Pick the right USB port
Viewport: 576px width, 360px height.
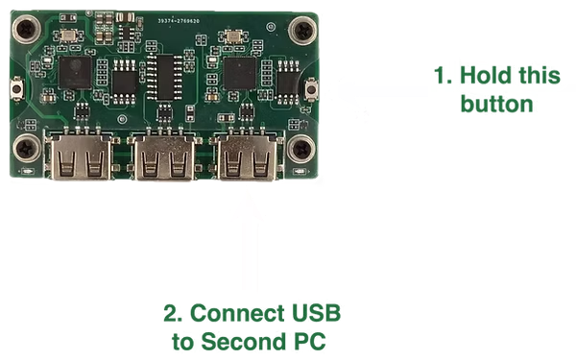pos(246,157)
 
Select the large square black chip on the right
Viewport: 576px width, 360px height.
pos(238,71)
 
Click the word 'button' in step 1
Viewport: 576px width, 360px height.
pos(497,104)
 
